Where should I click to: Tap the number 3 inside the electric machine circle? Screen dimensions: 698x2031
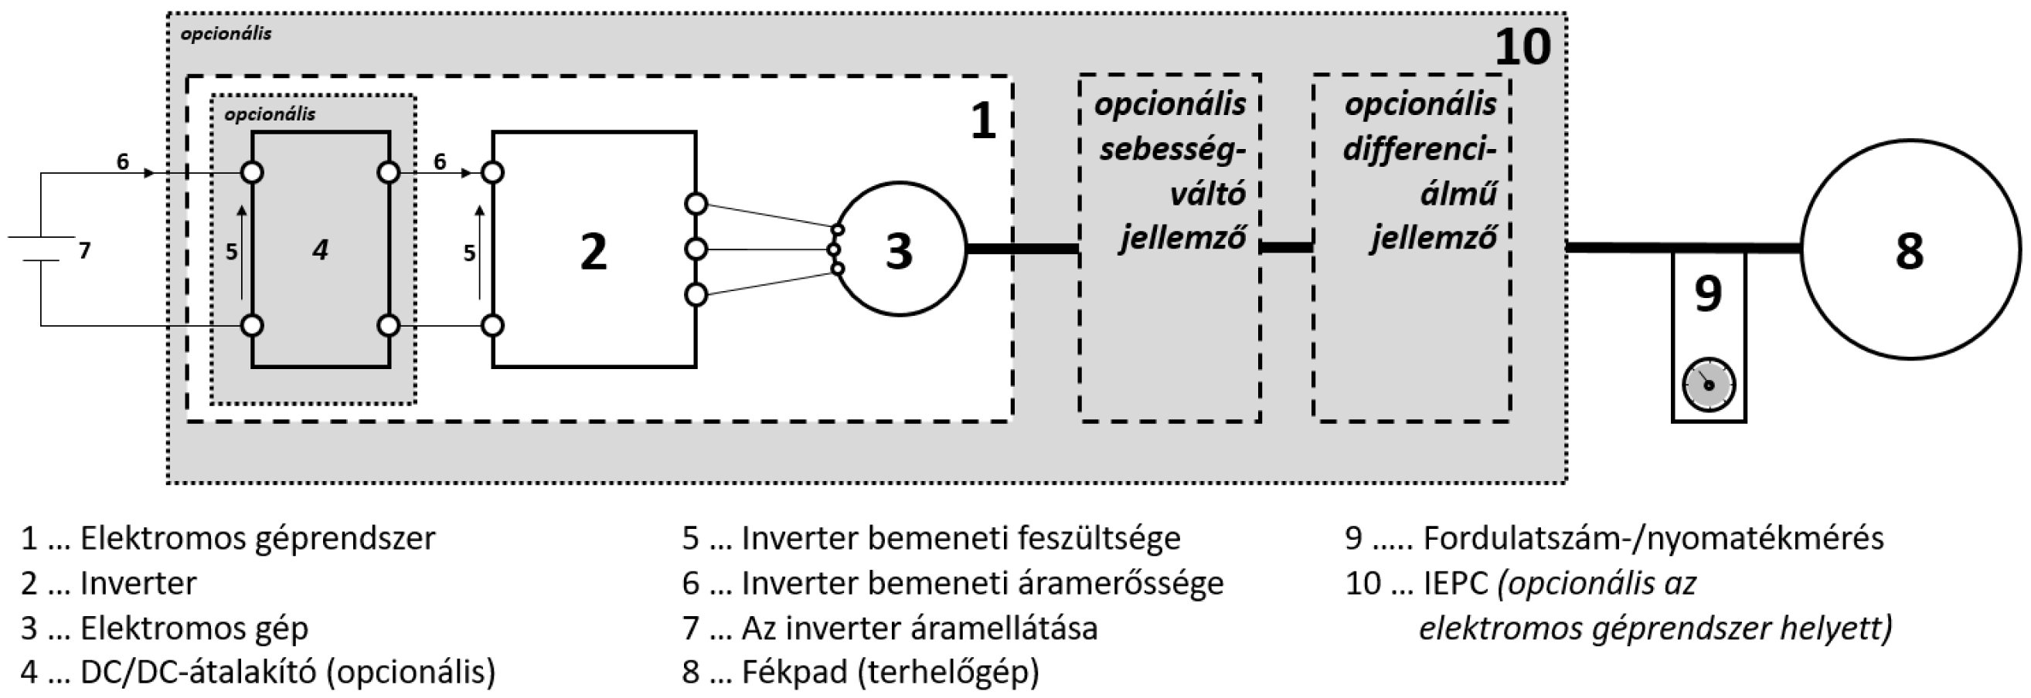click(898, 251)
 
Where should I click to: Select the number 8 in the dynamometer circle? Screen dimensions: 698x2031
click(1909, 251)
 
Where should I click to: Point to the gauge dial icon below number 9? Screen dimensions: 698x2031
click(1709, 385)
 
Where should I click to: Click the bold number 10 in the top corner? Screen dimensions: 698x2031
click(1522, 47)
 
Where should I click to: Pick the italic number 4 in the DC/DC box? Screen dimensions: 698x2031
click(319, 250)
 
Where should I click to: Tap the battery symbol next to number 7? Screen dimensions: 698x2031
click(41, 249)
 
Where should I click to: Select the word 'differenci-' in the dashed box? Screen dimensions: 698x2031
click(1420, 148)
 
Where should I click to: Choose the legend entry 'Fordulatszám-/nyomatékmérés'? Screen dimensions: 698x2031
click(1652, 537)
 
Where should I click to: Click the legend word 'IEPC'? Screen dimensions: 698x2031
click(1455, 583)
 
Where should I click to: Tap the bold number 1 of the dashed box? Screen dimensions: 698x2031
click(982, 122)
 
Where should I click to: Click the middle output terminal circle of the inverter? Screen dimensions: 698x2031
click(696, 249)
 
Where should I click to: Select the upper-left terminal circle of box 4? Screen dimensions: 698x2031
click(252, 172)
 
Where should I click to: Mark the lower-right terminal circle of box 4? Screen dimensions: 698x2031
click(389, 324)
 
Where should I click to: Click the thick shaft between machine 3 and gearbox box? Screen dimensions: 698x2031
click(1022, 249)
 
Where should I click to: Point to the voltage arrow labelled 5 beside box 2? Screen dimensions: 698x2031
click(479, 252)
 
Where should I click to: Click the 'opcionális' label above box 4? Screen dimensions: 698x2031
click(270, 114)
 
